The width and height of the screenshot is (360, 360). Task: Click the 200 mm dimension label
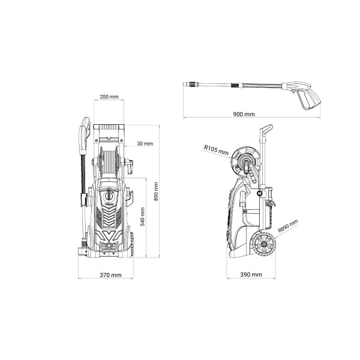click(109, 97)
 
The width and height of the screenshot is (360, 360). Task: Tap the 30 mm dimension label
click(145, 144)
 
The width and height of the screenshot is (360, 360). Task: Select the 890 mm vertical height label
click(156, 191)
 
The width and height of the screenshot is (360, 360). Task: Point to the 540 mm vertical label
click(142, 217)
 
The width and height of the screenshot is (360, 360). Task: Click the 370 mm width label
click(110, 275)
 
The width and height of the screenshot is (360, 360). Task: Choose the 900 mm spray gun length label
click(244, 114)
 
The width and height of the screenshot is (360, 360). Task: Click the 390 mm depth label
click(251, 274)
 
